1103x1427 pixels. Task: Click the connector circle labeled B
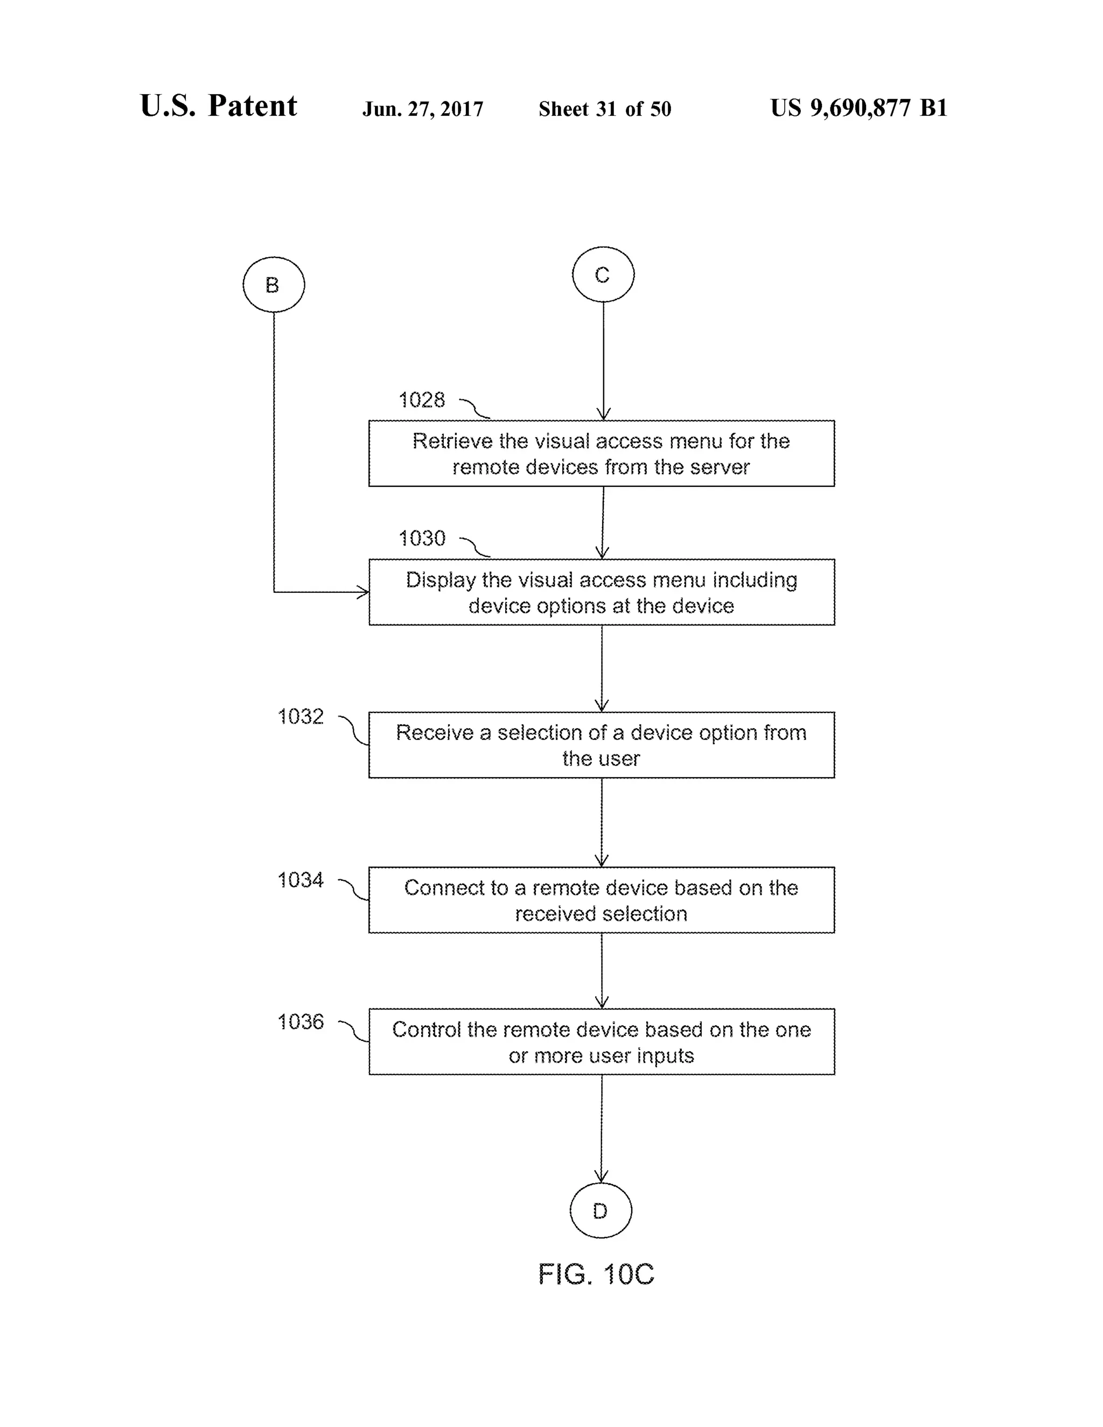tap(273, 285)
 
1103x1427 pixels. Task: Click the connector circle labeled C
tap(603, 275)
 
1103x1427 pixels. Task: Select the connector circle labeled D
tap(601, 1211)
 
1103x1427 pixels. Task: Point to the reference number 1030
tap(422, 538)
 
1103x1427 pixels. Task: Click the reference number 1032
tap(301, 717)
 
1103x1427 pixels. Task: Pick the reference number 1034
tap(301, 880)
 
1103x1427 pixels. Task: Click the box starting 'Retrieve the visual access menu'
tap(601, 453)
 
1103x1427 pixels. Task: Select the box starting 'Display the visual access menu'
tap(601, 592)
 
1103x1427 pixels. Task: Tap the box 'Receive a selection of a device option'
tap(601, 745)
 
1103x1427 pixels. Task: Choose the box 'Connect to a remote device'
tap(601, 900)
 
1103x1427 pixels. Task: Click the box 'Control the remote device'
tap(601, 1041)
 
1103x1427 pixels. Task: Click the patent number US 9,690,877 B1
tap(858, 108)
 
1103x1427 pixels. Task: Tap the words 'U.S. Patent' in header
tap(218, 106)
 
